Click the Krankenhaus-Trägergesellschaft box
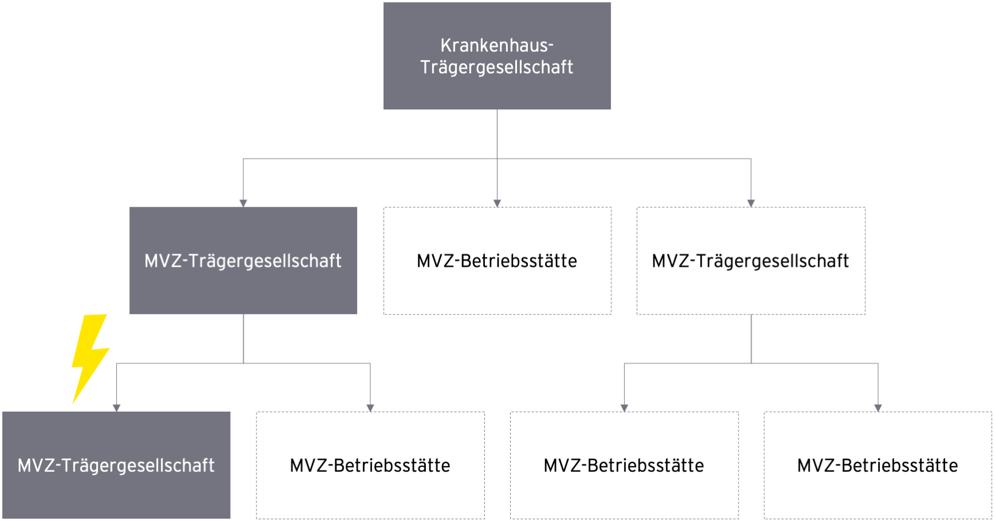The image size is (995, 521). click(x=497, y=56)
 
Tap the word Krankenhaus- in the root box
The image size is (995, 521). click(x=497, y=45)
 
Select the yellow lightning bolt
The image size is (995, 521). click(x=90, y=358)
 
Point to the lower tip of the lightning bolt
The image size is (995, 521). click(x=73, y=403)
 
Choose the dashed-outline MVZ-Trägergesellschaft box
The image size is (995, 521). click(x=751, y=260)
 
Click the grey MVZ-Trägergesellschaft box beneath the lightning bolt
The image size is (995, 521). click(x=116, y=465)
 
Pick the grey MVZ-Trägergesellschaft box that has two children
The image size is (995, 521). click(x=243, y=260)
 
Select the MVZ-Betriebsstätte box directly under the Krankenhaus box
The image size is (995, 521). click(x=497, y=260)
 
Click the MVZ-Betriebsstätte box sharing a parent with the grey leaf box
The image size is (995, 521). click(x=370, y=465)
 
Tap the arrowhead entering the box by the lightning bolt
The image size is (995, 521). click(x=116, y=408)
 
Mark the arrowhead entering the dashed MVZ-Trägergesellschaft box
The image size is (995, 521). click(x=751, y=203)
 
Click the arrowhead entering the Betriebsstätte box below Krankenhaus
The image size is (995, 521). click(x=497, y=203)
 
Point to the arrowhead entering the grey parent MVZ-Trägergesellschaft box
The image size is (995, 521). click(x=243, y=203)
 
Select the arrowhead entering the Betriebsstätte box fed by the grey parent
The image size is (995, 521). click(x=370, y=408)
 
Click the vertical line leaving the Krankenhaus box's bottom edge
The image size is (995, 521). click(x=497, y=155)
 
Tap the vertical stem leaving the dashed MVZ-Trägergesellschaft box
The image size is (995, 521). click(x=751, y=338)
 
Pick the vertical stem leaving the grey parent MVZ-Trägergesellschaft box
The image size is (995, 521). click(x=243, y=338)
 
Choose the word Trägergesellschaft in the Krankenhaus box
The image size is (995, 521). click(x=497, y=68)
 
